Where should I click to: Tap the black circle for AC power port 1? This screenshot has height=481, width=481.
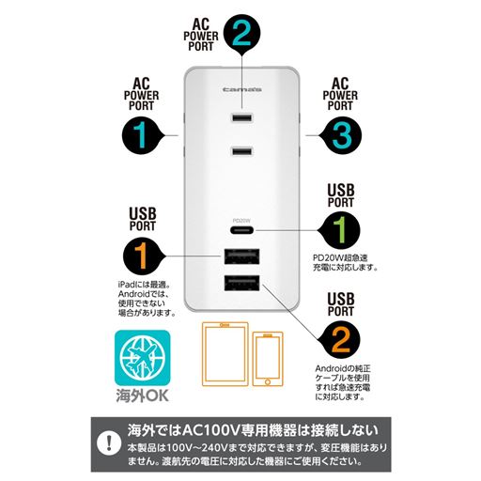(140, 136)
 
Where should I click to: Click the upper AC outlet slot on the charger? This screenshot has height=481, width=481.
(240, 119)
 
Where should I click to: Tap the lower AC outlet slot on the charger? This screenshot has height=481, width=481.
(240, 151)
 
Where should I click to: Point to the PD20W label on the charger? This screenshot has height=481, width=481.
(240, 220)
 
